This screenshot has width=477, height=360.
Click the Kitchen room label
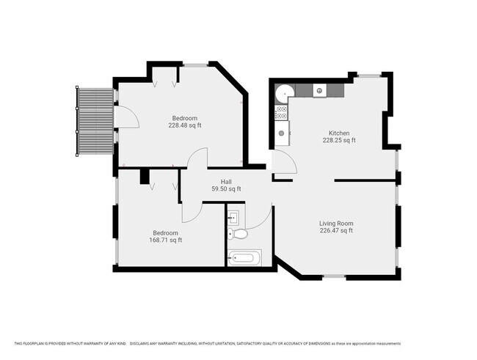click(339, 133)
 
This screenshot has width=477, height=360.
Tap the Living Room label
click(336, 223)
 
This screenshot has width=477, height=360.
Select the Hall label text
click(226, 182)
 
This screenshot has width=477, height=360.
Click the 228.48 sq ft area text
click(185, 125)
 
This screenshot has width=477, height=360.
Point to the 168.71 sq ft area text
click(166, 240)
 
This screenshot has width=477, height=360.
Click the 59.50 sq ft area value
click(226, 189)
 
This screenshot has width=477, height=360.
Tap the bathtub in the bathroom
click(244, 258)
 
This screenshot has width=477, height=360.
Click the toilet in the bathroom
click(238, 233)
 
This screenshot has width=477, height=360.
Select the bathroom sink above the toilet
click(234, 217)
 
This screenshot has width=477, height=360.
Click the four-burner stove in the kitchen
click(281, 112)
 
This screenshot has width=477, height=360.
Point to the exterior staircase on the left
click(95, 121)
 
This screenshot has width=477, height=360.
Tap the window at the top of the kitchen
click(369, 75)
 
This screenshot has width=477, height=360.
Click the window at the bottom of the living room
click(334, 276)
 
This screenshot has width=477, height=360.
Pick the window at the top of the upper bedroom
click(195, 65)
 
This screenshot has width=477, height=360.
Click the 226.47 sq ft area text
click(336, 230)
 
